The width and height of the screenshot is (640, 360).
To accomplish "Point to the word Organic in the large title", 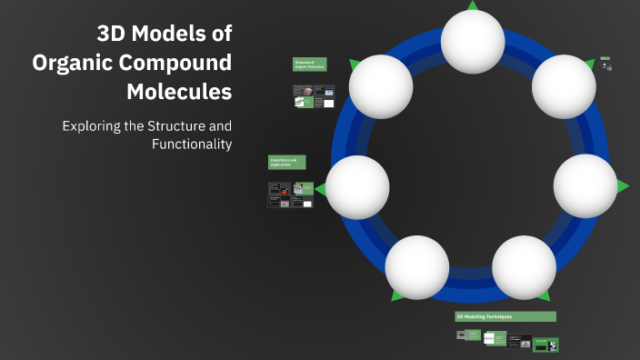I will (71, 64).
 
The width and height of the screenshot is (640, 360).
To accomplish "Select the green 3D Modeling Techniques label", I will (505, 316).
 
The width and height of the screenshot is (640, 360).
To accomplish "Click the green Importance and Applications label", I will (286, 162).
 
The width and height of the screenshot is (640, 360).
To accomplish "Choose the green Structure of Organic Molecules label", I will (309, 65).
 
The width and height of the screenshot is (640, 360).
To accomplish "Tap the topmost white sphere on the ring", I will (473, 41).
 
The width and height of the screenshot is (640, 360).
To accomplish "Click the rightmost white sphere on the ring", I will (585, 185).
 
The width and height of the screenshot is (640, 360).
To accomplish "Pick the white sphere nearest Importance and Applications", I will (357, 186).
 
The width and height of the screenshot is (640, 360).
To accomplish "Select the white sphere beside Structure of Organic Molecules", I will (381, 85).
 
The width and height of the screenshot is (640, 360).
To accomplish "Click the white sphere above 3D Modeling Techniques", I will (524, 267).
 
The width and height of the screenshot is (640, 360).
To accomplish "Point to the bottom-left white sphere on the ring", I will (416, 267).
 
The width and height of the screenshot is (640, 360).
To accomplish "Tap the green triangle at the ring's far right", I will (623, 186).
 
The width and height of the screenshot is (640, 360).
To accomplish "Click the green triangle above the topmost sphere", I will (473, 5).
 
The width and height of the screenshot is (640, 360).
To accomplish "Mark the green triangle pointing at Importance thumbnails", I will (319, 188).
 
